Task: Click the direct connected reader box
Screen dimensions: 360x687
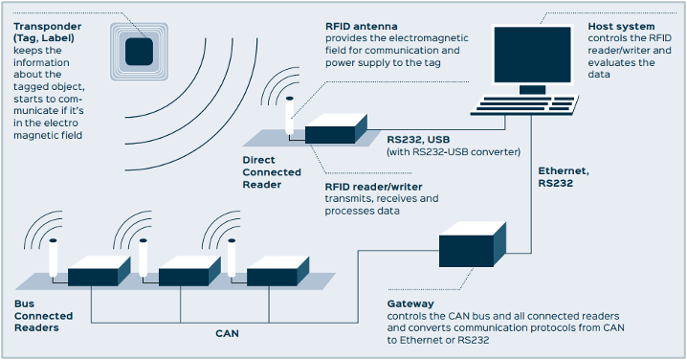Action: tap(335, 130)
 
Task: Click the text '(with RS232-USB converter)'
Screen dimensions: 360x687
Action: tap(452, 151)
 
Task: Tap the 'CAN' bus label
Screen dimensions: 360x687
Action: tap(226, 333)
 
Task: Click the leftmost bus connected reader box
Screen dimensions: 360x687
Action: tap(92, 274)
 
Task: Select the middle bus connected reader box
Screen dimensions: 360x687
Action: tap(182, 274)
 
